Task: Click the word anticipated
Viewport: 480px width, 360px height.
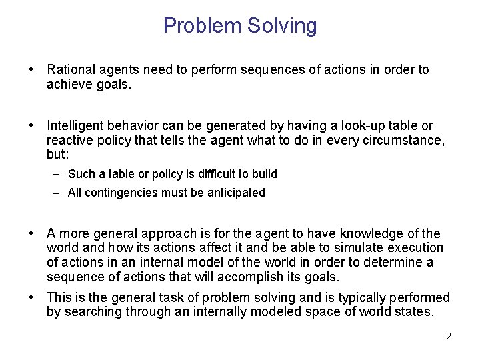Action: tap(237, 193)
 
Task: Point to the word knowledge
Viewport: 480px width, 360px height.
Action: tap(371, 233)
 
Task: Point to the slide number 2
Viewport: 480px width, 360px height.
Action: tap(449, 337)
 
